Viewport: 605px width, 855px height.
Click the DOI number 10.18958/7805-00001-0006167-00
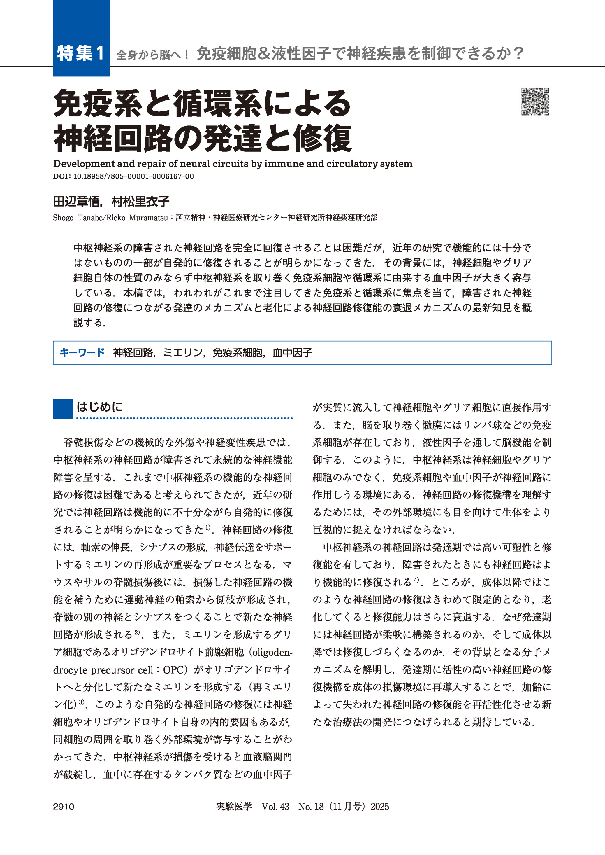[133, 176]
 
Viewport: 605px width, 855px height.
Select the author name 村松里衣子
[140, 202]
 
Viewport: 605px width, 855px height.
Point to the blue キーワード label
[82, 352]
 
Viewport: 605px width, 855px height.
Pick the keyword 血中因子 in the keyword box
[292, 352]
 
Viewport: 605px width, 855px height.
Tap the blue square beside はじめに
[63, 409]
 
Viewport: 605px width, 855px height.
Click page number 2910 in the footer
[64, 807]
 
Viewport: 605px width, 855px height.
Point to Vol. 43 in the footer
[275, 807]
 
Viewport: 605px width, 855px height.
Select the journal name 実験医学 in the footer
[234, 807]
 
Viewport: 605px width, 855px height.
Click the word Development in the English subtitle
[84, 164]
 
